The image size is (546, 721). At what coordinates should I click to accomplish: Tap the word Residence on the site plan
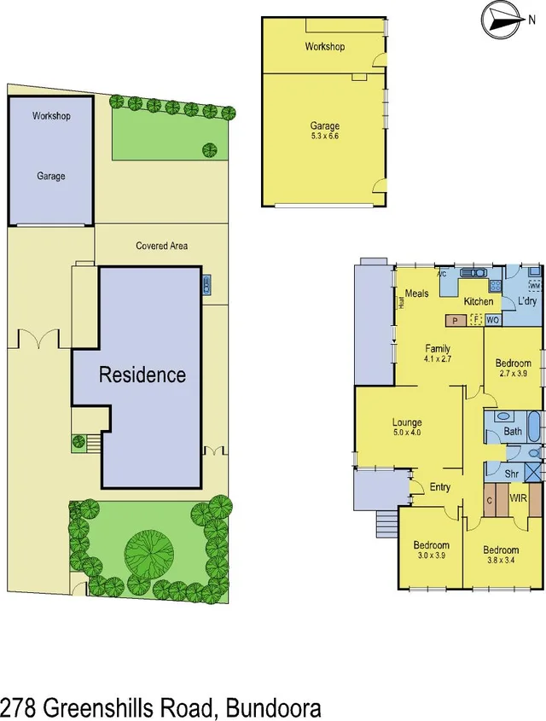[142, 375]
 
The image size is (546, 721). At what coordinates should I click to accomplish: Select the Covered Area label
[162, 246]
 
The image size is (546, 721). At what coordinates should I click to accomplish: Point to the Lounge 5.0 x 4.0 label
[407, 427]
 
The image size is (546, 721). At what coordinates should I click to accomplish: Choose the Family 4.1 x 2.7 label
[439, 353]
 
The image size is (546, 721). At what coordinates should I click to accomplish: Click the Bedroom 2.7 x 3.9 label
[514, 369]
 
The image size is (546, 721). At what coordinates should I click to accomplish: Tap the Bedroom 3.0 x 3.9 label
[431, 550]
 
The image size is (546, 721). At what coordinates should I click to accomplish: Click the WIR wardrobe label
[518, 497]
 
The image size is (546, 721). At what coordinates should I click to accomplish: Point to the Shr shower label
[512, 474]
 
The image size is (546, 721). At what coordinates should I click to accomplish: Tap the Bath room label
[513, 432]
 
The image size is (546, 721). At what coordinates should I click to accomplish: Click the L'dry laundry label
[524, 302]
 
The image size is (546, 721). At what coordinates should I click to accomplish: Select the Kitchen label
[478, 301]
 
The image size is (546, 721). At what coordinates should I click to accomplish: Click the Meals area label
[416, 294]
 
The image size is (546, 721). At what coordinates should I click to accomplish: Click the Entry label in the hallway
[439, 487]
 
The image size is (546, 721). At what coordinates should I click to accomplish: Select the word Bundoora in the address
[273, 707]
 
